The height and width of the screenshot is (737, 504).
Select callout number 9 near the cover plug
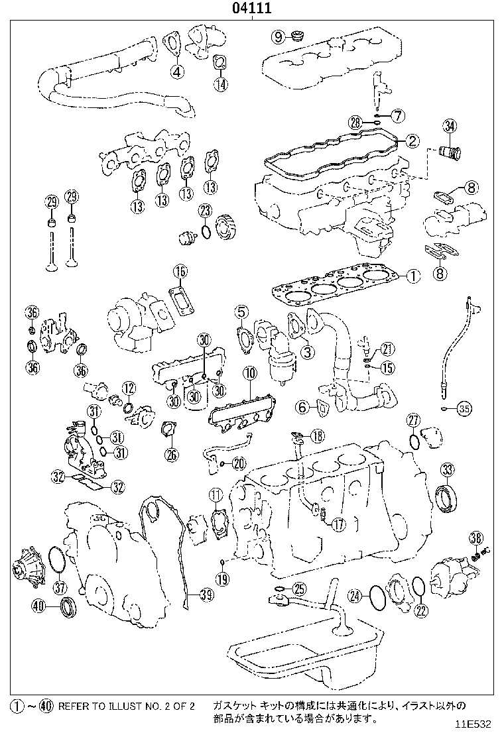[278, 35]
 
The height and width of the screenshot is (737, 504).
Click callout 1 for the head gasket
[412, 276]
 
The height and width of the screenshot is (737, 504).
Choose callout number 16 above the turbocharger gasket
[180, 271]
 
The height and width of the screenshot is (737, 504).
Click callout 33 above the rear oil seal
[448, 470]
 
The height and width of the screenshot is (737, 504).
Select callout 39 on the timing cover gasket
[206, 595]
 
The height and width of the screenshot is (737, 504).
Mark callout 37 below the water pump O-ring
[60, 586]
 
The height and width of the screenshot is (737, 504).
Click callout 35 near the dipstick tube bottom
[464, 409]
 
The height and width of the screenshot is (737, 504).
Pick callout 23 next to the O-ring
[205, 211]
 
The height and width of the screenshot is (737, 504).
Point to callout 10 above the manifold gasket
[249, 374]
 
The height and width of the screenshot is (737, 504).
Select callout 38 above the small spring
[475, 537]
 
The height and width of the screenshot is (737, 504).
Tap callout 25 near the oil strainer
[300, 588]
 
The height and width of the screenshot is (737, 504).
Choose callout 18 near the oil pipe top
[319, 435]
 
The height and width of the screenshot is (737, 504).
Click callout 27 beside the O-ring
[412, 420]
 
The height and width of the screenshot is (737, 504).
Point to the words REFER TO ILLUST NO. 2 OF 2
[126, 707]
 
